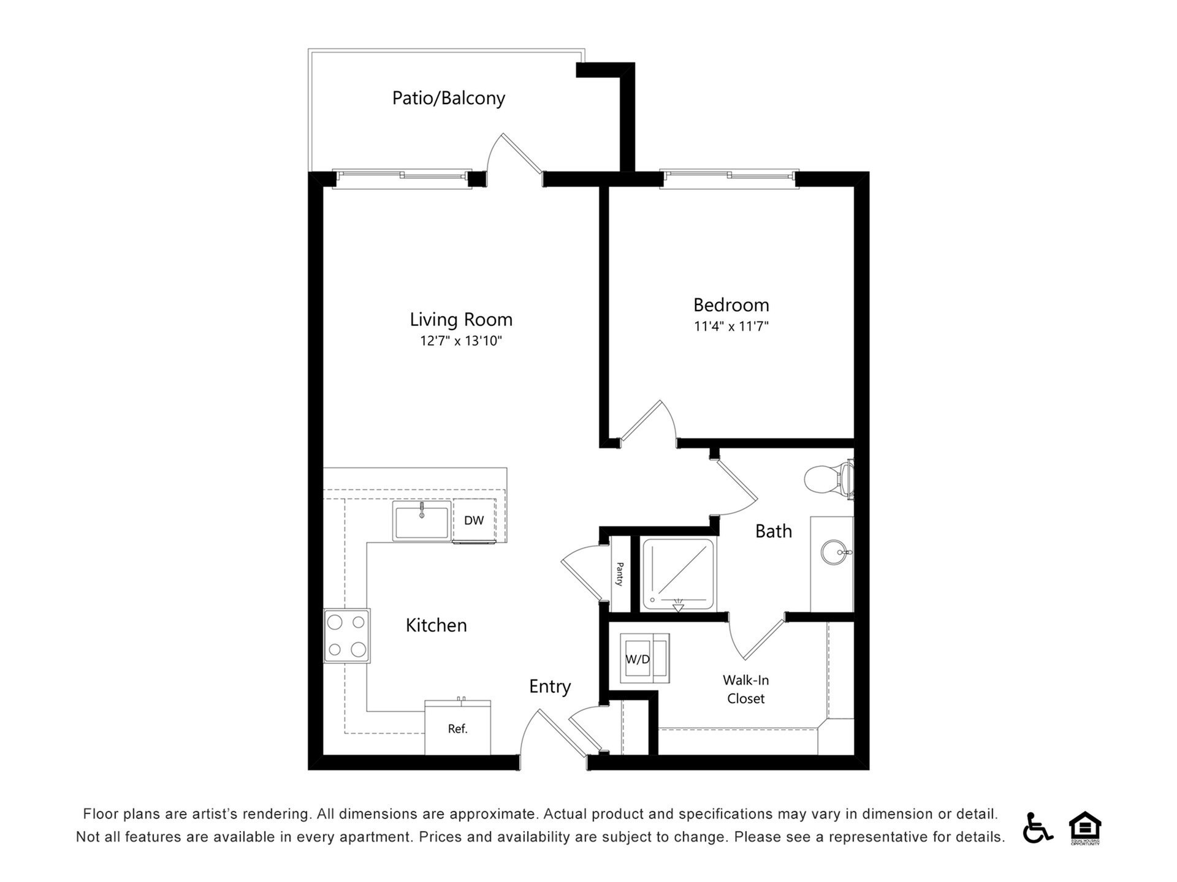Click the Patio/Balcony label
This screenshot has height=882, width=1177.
click(448, 98)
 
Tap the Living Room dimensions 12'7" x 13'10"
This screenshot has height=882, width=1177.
click(461, 341)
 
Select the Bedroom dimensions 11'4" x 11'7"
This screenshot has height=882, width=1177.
click(731, 326)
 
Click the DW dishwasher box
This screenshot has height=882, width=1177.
click(474, 521)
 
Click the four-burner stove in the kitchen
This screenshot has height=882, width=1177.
click(347, 636)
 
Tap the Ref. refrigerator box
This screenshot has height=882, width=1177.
click(457, 729)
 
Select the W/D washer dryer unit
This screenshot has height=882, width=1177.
click(638, 659)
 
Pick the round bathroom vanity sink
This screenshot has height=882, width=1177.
click(834, 552)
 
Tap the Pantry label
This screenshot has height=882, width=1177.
click(620, 574)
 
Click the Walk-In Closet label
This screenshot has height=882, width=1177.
click(745, 689)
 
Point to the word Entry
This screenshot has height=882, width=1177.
click(550, 687)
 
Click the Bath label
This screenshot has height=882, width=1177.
click(773, 531)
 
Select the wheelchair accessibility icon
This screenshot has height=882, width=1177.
click(1037, 827)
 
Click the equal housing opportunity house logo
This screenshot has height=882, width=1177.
click(1085, 827)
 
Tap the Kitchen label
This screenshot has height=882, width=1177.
click(436, 625)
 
